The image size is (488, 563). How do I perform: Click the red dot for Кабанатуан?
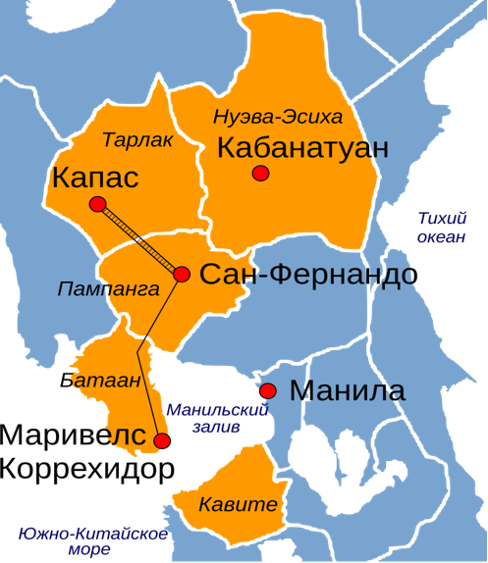pyautogui.click(x=260, y=174)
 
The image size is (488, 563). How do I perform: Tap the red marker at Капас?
pyautogui.click(x=97, y=204)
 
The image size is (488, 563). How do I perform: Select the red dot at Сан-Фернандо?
pyautogui.click(x=182, y=274)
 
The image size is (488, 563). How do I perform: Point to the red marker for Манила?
pyautogui.click(x=268, y=390)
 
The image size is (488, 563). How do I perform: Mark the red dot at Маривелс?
pyautogui.click(x=162, y=441)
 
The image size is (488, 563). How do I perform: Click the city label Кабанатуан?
pyautogui.click(x=302, y=149)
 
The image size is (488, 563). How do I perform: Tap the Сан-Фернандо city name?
pyautogui.click(x=308, y=275)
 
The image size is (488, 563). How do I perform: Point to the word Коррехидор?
pyautogui.click(x=86, y=468)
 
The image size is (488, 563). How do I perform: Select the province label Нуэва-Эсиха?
pyautogui.click(x=278, y=118)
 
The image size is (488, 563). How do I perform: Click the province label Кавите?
pyautogui.click(x=232, y=506)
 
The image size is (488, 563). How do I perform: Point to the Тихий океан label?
pyautogui.click(x=441, y=228)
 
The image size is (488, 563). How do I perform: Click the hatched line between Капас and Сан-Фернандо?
pyautogui.click(x=139, y=239)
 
